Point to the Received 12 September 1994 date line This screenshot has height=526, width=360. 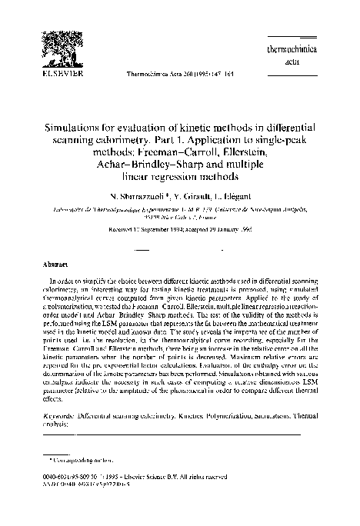click(180, 231)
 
